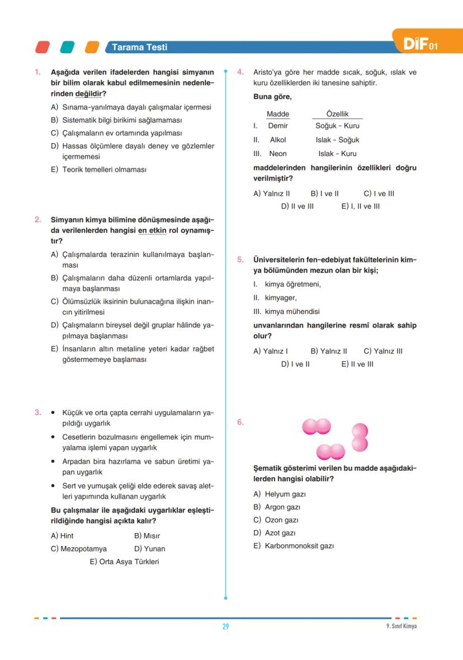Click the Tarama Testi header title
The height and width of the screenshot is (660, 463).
[x=139, y=48]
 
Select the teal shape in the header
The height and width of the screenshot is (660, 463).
[x=68, y=48]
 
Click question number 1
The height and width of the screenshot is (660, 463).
[x=37, y=72]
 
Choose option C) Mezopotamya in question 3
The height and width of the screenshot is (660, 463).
[x=79, y=549]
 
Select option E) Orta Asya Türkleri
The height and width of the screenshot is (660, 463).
[x=124, y=562]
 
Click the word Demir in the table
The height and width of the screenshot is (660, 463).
[x=278, y=126]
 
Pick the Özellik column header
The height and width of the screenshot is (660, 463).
[x=337, y=114]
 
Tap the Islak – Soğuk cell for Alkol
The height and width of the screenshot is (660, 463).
[x=337, y=140]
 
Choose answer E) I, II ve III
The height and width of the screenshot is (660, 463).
[x=360, y=206]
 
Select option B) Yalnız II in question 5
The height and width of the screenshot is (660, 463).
[x=328, y=351]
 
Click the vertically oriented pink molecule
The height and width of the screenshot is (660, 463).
[x=360, y=438]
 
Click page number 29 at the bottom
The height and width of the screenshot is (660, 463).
[x=225, y=626]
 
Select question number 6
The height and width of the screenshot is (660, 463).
[x=240, y=422]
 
